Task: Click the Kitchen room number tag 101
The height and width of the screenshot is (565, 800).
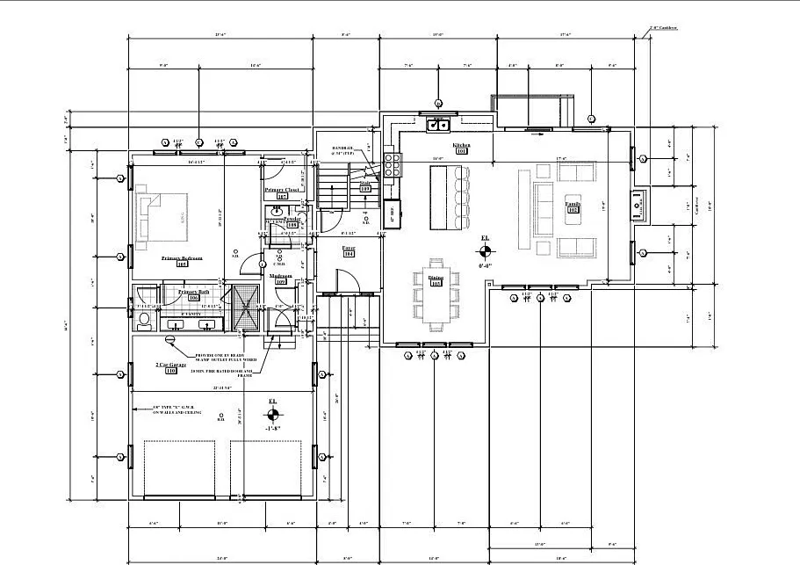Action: click(461, 151)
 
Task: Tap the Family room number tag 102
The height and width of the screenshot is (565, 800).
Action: click(573, 211)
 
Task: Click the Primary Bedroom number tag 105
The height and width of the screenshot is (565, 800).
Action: click(183, 264)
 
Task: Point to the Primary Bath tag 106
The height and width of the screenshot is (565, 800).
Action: click(194, 298)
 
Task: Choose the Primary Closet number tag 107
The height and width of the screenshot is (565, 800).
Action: click(282, 196)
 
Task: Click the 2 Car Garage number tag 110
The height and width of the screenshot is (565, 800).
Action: click(171, 370)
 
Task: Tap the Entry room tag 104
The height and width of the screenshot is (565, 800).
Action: click(348, 254)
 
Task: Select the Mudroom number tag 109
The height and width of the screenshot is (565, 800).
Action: click(281, 281)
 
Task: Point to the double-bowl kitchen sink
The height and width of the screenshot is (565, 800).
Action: click(438, 125)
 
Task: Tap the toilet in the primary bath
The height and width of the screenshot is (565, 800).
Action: click(144, 317)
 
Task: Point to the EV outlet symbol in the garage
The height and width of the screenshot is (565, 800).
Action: click(170, 339)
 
